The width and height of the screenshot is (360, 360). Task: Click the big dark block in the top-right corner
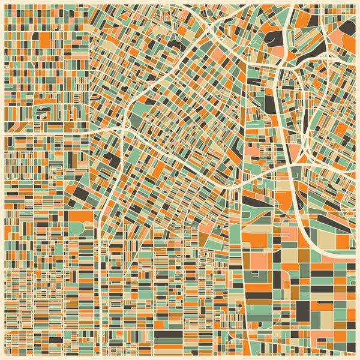(347, 26)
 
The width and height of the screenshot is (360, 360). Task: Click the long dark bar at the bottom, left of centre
(168, 334)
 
